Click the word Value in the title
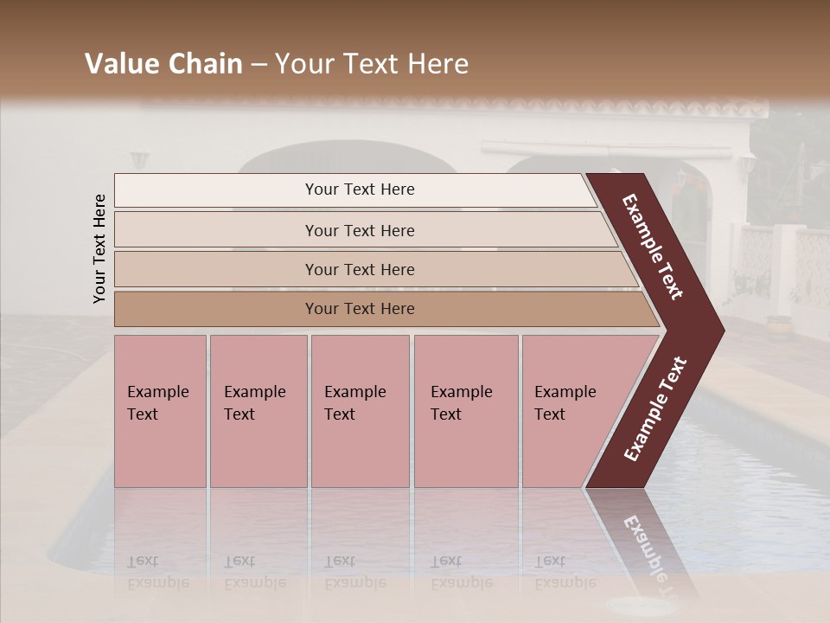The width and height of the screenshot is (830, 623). pyautogui.click(x=122, y=64)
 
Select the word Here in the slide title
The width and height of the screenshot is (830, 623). pyautogui.click(x=437, y=64)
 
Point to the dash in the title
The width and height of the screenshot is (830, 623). pyautogui.click(x=259, y=65)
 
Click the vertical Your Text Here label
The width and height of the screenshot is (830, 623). pyautogui.click(x=99, y=248)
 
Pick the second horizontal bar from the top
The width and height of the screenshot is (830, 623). pyautogui.click(x=359, y=230)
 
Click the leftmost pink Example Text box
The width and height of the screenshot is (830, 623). pyautogui.click(x=160, y=411)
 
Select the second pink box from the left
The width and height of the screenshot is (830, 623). pyautogui.click(x=258, y=411)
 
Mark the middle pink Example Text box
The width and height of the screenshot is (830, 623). pyautogui.click(x=360, y=411)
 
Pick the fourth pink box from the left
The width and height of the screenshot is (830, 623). pyautogui.click(x=465, y=411)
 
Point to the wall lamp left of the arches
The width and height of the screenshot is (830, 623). pyautogui.click(x=139, y=161)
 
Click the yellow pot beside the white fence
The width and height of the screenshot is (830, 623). pyautogui.click(x=778, y=326)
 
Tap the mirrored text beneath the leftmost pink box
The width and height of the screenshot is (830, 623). pyautogui.click(x=158, y=571)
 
